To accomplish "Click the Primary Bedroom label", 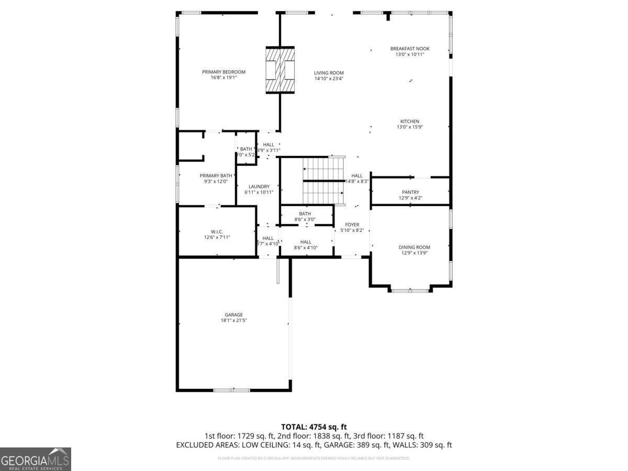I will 223,72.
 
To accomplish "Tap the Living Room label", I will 329,73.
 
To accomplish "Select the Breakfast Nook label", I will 410,49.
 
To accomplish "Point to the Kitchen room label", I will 410,121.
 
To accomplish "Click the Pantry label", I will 410,192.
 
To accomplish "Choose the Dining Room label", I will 414,247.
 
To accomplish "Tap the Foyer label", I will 352,225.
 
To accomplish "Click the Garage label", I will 233,315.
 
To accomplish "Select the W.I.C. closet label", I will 217,231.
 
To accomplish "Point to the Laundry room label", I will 259,186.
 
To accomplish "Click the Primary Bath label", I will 216,175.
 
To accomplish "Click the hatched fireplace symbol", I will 281,70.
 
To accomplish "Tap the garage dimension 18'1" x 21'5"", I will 233,320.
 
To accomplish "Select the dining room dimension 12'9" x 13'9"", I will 414,253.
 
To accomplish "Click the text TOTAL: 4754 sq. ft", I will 314,427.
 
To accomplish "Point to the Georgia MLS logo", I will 35,459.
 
